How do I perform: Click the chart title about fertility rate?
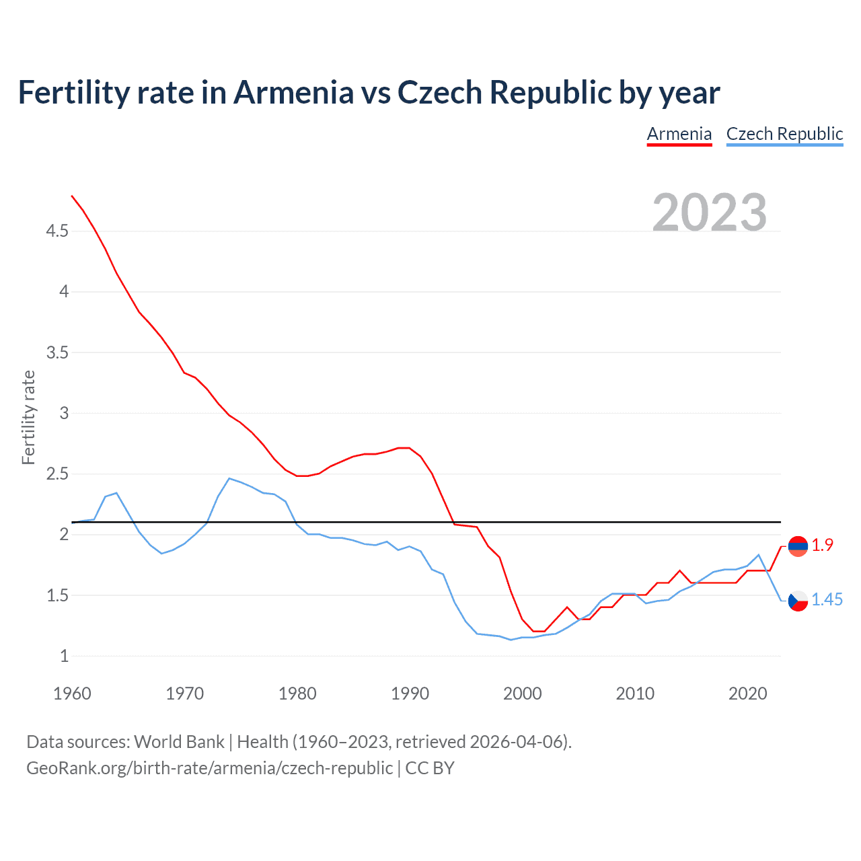pyautogui.click(x=369, y=92)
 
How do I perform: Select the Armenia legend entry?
pyautogui.click(x=679, y=134)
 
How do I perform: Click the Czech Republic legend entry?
pyautogui.click(x=784, y=134)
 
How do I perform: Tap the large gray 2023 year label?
pyautogui.click(x=709, y=213)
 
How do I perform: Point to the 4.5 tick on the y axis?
pyautogui.click(x=57, y=231)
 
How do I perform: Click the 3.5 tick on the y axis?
pyautogui.click(x=57, y=352)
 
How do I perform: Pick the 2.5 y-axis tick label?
pyautogui.click(x=57, y=474)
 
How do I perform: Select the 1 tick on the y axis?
pyautogui.click(x=64, y=656)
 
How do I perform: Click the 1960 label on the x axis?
pyautogui.click(x=72, y=694)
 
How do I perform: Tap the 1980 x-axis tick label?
pyautogui.click(x=297, y=694)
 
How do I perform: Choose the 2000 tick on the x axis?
pyautogui.click(x=522, y=694)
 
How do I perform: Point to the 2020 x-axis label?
pyautogui.click(x=747, y=694)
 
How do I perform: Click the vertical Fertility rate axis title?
pyautogui.click(x=28, y=417)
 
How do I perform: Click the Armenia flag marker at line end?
pyautogui.click(x=798, y=546)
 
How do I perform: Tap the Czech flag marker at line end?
pyautogui.click(x=798, y=601)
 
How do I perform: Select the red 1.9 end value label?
pyautogui.click(x=822, y=546)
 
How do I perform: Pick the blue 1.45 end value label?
pyautogui.click(x=827, y=600)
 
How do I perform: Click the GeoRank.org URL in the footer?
pyautogui.click(x=209, y=768)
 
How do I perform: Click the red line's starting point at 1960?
pyautogui.click(x=72, y=196)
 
